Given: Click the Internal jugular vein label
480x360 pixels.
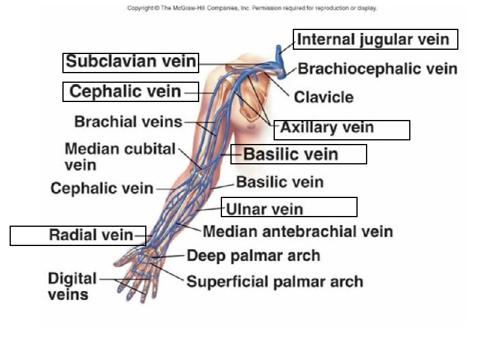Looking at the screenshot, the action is pyautogui.click(x=374, y=40).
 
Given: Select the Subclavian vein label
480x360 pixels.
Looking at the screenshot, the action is pyautogui.click(x=131, y=61).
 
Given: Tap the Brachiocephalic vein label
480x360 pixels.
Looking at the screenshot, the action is pyautogui.click(x=377, y=68).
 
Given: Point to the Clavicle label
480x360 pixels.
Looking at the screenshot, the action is pyautogui.click(x=323, y=97).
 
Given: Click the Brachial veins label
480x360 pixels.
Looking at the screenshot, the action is pyautogui.click(x=128, y=122).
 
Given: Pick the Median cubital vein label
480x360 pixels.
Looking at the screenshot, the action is pyautogui.click(x=119, y=155).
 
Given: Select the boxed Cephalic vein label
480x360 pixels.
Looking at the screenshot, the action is pyautogui.click(x=125, y=91).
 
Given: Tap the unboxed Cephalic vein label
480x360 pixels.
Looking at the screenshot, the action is pyautogui.click(x=102, y=188).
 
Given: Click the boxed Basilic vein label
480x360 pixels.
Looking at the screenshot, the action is pyautogui.click(x=291, y=154).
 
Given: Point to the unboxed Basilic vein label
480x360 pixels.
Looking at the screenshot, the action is pyautogui.click(x=280, y=182).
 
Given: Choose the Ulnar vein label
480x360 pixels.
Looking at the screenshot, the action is pyautogui.click(x=265, y=209).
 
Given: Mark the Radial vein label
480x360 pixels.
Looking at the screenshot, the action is pyautogui.click(x=91, y=235).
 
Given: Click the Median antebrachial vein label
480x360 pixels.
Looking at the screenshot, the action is pyautogui.click(x=298, y=231).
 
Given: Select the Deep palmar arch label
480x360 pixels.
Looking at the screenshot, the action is pyautogui.click(x=253, y=256).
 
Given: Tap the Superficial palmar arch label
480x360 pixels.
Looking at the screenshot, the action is pyautogui.click(x=275, y=281).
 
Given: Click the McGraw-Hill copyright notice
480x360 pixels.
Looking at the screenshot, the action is pyautogui.click(x=252, y=8).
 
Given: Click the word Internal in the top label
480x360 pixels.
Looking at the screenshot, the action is pyautogui.click(x=328, y=40).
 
